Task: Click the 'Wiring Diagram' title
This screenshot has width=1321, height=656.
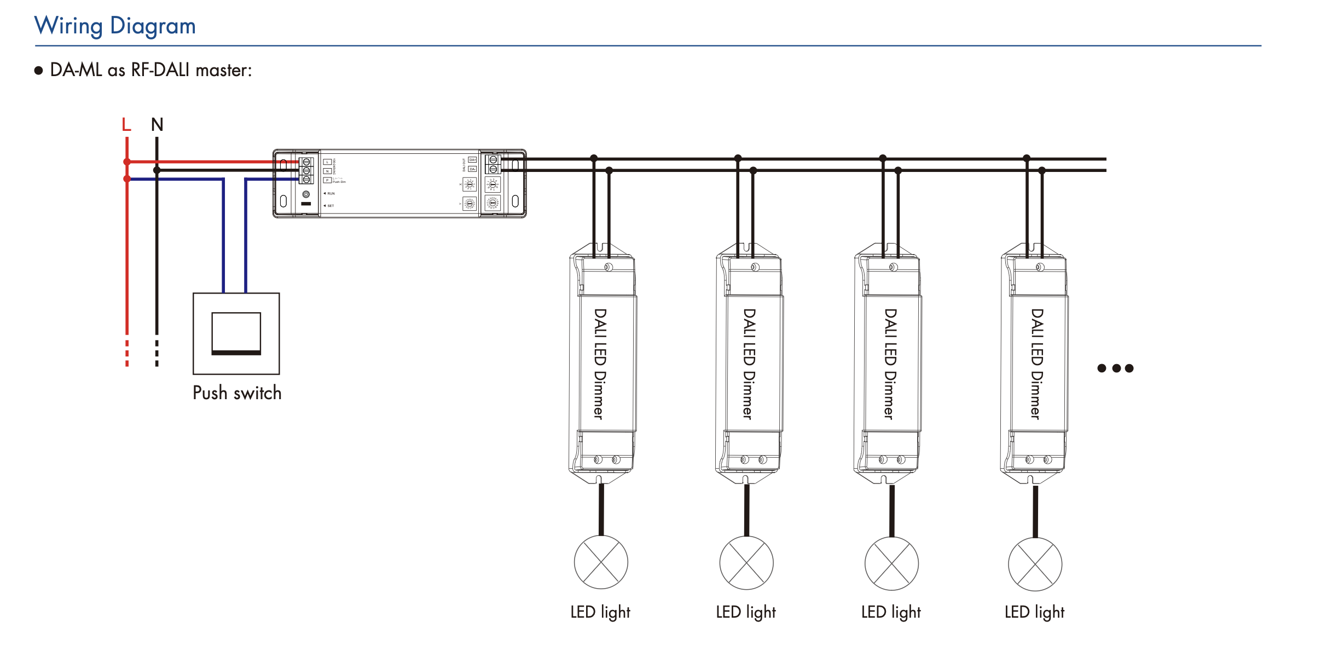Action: point(115,26)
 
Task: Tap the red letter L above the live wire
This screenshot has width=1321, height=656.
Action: point(126,125)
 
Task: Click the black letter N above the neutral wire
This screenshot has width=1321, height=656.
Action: point(157,125)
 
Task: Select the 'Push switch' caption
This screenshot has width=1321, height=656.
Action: point(237,393)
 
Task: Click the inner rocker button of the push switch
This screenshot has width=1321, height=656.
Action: point(236,333)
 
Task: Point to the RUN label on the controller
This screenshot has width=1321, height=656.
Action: point(331,194)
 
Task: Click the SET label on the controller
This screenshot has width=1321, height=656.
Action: point(331,206)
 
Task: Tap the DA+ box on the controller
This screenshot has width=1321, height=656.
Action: point(472,160)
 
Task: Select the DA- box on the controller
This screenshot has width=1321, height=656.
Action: point(472,169)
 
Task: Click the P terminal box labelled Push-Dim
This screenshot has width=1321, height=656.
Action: point(327,180)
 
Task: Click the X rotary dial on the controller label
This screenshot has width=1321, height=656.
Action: point(470,185)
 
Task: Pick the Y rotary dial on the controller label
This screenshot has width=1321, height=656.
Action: point(470,204)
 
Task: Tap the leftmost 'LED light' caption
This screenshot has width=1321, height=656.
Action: point(600,612)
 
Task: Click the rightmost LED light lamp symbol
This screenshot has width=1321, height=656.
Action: point(1035,564)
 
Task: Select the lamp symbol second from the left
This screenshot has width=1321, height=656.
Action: point(746,563)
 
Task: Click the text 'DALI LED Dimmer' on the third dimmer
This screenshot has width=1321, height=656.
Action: point(890,364)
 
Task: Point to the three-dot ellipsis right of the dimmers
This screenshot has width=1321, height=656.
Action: point(1115,369)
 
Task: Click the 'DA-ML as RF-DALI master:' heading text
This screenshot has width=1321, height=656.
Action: point(150,71)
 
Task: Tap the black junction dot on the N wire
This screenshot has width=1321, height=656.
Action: point(157,170)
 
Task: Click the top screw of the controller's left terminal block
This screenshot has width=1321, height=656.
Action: point(306,162)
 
